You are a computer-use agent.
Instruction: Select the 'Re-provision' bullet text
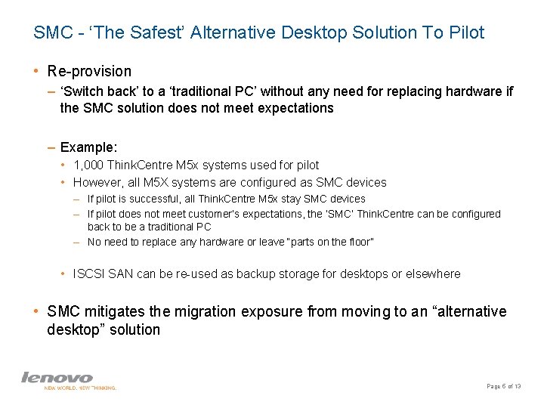point(89,71)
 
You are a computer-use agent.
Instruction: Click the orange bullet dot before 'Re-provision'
point(36,71)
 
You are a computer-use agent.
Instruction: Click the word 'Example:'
point(88,147)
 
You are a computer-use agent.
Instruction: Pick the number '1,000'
point(89,165)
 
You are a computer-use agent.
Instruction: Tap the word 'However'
point(97,182)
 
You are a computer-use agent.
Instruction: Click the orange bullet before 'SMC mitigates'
point(36,311)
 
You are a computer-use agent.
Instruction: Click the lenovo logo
point(57,377)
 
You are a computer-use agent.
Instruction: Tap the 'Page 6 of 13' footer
point(504,386)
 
